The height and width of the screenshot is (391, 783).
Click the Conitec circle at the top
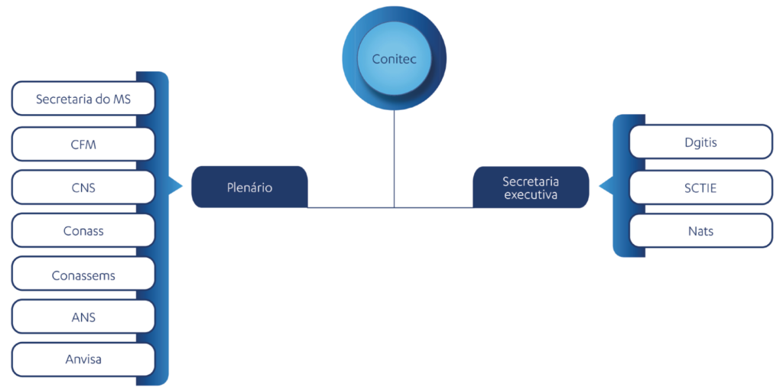tap(394, 58)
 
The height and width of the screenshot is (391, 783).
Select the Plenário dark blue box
tap(250, 187)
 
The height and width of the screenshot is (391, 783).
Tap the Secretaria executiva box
tap(531, 187)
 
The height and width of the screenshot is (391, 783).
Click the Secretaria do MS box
tap(83, 99)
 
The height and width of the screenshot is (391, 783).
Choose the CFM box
tap(83, 144)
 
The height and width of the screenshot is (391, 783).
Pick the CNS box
tap(83, 187)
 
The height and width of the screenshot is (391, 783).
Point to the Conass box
tap(83, 230)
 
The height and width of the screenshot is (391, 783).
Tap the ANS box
tap(83, 317)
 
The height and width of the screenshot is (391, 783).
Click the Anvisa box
tap(83, 360)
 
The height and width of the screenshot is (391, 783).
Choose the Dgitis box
tap(701, 142)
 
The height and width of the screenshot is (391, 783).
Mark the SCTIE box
tap(701, 187)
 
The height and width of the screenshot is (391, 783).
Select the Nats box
tap(701, 230)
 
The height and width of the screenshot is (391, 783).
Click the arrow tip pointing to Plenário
tap(183, 187)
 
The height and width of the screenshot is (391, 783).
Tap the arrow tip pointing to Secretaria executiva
tap(599, 187)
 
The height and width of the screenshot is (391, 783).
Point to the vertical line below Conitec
tap(394, 158)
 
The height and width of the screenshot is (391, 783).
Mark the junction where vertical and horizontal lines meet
tap(394, 207)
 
